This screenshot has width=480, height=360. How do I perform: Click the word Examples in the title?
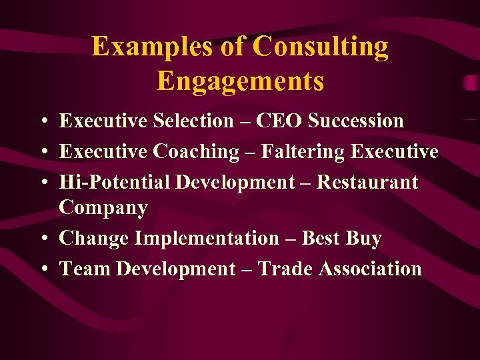[137, 47]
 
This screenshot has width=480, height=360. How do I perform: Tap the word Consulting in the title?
[321, 47]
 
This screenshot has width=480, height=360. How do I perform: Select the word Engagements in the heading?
[240, 81]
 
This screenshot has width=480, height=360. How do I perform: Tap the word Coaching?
[196, 151]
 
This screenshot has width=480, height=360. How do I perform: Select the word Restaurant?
[367, 182]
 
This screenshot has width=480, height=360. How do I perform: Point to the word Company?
[103, 208]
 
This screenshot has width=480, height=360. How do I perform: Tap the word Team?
[85, 269]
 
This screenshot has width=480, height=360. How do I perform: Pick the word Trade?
[285, 269]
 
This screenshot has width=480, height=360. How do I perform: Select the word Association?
[371, 269]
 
